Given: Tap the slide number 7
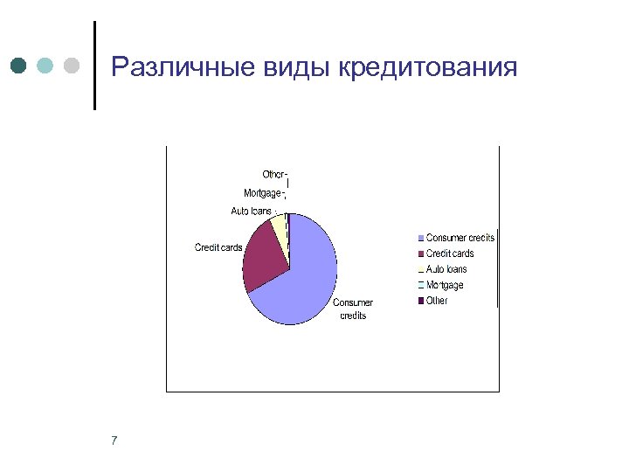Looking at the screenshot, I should pyautogui.click(x=114, y=440).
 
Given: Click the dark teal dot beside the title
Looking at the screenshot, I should pyautogui.click(x=19, y=66).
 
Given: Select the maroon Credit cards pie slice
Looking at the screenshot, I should pyautogui.click(x=264, y=255).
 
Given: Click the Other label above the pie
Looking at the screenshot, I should pyautogui.click(x=273, y=175).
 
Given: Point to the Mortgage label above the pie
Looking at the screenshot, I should pyautogui.click(x=262, y=192).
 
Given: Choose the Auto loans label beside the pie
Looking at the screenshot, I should pyautogui.click(x=251, y=211).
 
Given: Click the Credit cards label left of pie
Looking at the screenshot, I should pyautogui.click(x=218, y=247).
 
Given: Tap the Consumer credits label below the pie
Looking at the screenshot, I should pyautogui.click(x=353, y=309).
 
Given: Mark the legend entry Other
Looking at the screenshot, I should pyautogui.click(x=436, y=301).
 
